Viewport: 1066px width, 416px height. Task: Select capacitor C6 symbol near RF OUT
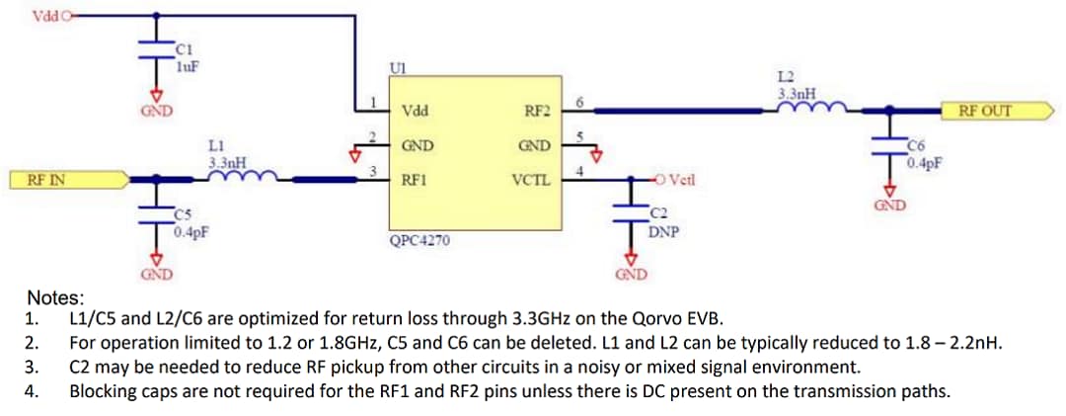[x=890, y=148]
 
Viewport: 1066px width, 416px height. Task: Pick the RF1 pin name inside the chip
[x=415, y=182]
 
